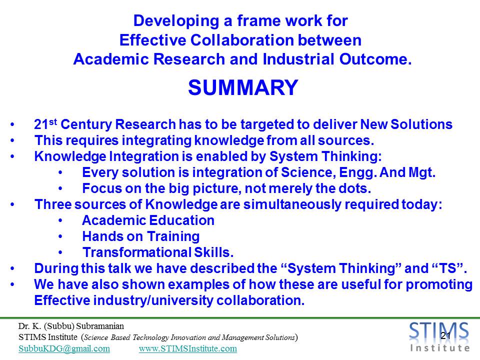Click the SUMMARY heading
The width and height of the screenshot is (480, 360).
click(243, 87)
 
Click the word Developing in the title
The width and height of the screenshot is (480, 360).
click(176, 21)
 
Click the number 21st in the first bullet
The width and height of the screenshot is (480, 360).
click(45, 124)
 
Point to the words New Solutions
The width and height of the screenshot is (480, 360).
click(406, 124)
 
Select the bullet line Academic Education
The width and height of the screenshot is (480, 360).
click(148, 220)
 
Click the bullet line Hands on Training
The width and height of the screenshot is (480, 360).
click(141, 236)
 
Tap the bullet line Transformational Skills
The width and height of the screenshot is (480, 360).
click(158, 252)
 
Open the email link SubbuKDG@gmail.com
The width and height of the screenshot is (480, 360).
click(64, 348)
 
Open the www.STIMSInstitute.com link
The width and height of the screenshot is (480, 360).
click(188, 348)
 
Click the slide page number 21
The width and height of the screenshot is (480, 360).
click(445, 335)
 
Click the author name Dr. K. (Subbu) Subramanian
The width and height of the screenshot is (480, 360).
click(71, 326)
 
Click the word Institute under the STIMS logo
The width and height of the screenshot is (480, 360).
click(440, 348)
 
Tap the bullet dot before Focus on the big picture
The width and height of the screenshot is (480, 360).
click(60, 189)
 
